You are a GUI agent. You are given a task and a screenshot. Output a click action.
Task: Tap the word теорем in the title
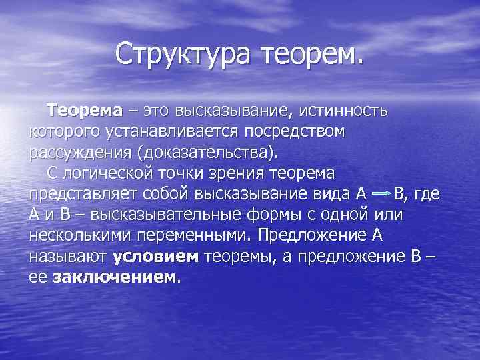click(313, 54)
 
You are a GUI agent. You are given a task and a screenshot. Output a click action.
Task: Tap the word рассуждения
click(80, 153)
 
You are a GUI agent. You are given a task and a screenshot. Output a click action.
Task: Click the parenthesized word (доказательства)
click(206, 153)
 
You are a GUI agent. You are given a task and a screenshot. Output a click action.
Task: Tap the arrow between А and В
click(381, 195)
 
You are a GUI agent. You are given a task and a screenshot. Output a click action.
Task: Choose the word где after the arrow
click(427, 195)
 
